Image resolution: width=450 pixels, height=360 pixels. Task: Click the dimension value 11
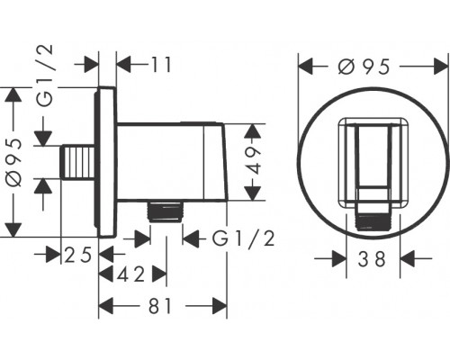[x=161, y=64]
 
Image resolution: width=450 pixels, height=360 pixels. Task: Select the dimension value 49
[x=254, y=161]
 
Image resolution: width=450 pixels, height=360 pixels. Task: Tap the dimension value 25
[x=78, y=256]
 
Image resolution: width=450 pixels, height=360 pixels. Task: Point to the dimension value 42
[x=130, y=274]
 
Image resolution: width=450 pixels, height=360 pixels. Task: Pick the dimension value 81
[x=160, y=306]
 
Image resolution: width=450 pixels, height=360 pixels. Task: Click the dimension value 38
[x=371, y=259]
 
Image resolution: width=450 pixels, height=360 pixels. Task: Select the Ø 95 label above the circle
[x=364, y=67]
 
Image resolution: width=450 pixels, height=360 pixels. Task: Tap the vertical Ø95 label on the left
[x=14, y=163]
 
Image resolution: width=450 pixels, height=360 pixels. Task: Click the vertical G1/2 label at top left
[x=45, y=76]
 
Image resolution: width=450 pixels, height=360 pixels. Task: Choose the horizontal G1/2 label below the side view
[x=243, y=239]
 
